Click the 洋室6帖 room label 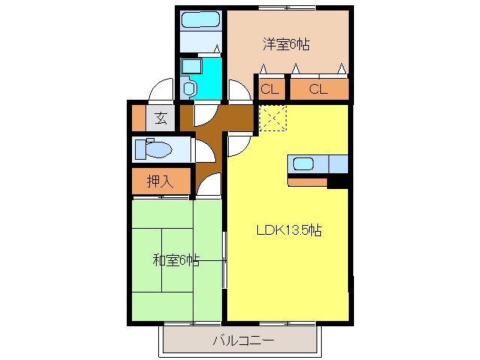click(286, 44)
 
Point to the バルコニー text click(242, 340)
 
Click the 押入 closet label click(158, 181)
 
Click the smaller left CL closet click(271, 90)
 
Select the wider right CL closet click(318, 90)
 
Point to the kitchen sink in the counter click(304, 163)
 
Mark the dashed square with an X click(271, 118)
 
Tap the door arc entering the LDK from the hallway click(240, 142)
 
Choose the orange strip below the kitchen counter click(307, 181)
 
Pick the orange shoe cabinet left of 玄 click(138, 117)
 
